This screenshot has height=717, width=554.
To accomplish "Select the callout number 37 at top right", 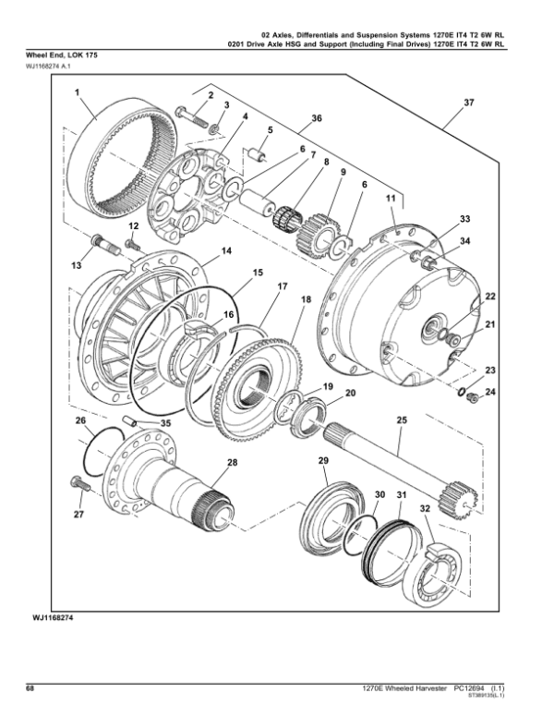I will tap(468, 103).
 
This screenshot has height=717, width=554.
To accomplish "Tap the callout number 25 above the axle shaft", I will tap(401, 421).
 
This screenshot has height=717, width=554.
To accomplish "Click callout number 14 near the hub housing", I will tap(226, 251).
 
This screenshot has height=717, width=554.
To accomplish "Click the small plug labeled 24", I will tap(471, 396).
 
